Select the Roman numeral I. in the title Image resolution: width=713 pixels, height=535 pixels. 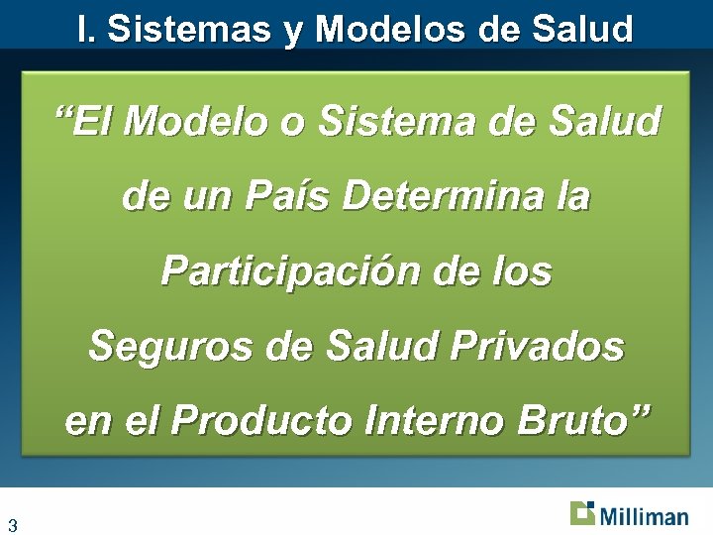87,29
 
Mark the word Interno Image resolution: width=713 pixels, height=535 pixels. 436,420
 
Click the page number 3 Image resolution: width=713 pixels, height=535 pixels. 13,524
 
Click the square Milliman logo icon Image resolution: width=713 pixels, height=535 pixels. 582,513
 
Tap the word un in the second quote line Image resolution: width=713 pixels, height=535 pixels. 204,197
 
